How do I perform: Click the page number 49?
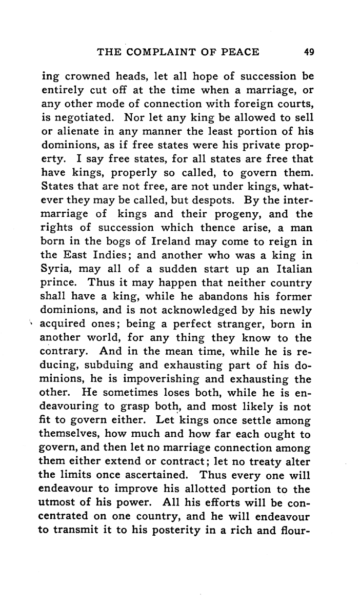pos(308,51)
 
